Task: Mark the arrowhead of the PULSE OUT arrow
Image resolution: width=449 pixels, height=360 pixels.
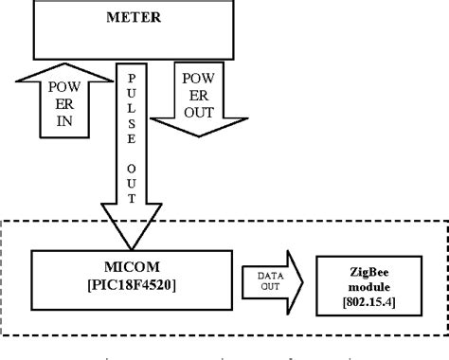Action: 133,227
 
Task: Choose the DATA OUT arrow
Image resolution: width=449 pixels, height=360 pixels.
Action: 274,276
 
